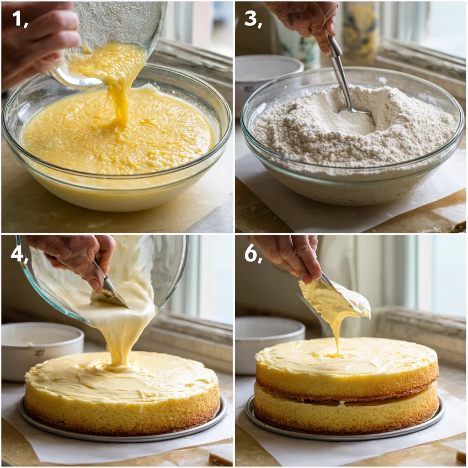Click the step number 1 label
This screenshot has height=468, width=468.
coord(20,19)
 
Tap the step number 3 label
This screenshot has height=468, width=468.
coord(253,19)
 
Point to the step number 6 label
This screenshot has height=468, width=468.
coord(253,254)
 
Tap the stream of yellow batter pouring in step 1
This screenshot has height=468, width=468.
coord(120,91)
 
